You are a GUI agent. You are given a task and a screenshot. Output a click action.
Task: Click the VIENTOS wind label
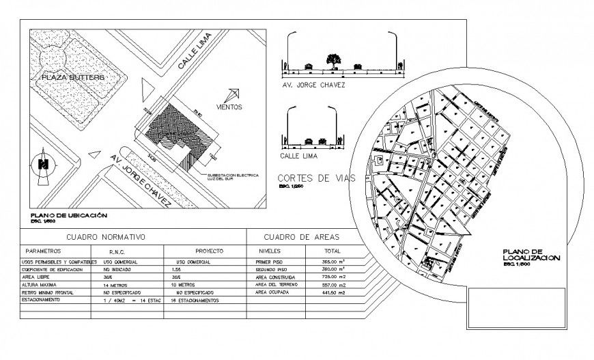click(x=228, y=107)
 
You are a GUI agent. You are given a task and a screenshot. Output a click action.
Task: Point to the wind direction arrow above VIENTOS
click(x=234, y=94)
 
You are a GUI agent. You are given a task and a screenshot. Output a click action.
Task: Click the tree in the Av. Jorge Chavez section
click(x=333, y=61)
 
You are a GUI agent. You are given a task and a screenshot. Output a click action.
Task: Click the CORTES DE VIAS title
click(x=317, y=178)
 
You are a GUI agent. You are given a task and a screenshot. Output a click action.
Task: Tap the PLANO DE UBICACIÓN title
click(x=68, y=214)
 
